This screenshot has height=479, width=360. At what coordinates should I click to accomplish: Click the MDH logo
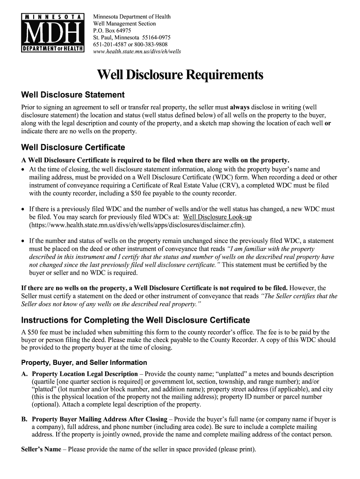(52, 32)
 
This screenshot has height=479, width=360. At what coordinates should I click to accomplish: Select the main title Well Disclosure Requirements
(180, 75)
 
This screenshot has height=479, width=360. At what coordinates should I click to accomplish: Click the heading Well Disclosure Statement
(66, 95)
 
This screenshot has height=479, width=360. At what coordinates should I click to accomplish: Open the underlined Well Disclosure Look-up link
(217, 218)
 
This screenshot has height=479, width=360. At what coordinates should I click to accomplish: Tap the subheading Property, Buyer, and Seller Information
(84, 363)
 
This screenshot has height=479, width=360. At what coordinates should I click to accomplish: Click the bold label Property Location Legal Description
(85, 374)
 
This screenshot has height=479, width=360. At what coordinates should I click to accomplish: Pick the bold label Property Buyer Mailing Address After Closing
(99, 419)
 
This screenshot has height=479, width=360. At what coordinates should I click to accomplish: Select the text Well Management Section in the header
(125, 23)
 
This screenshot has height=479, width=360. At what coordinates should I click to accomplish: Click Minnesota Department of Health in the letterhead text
(132, 16)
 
